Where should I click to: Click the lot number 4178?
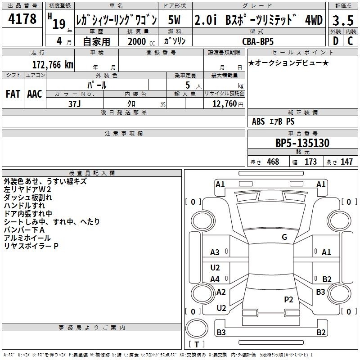[x=22, y=18]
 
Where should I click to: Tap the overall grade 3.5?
[x=343, y=20]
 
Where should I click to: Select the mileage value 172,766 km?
[x=53, y=64]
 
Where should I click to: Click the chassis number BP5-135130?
[x=302, y=143]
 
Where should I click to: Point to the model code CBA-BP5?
[x=258, y=41]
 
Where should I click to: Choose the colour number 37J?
[x=75, y=104]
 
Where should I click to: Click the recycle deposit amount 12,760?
[x=225, y=103]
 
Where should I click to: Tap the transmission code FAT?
[x=13, y=94]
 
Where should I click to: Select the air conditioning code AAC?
[x=35, y=94]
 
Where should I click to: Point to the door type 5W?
[x=174, y=20]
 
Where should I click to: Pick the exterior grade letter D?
[x=336, y=41]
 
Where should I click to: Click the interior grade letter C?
[x=350, y=41]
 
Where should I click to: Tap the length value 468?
[x=273, y=162]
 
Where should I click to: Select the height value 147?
[x=346, y=162]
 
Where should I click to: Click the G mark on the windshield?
[x=284, y=237]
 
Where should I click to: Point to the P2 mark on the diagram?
[x=288, y=300]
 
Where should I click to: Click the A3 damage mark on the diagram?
[x=215, y=252]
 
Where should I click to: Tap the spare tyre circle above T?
[x=197, y=328]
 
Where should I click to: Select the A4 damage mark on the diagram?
[x=215, y=279]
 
